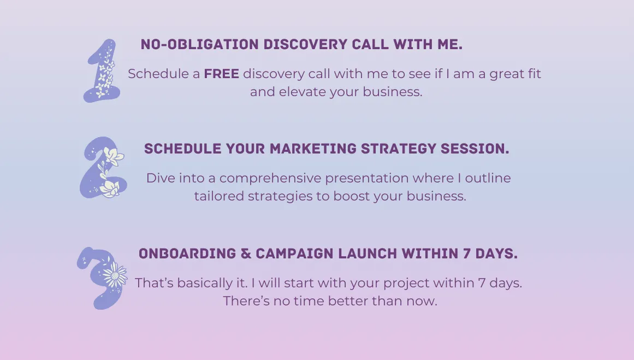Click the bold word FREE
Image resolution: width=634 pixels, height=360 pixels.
click(x=221, y=74)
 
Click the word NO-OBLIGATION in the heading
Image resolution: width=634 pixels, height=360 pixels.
click(x=199, y=44)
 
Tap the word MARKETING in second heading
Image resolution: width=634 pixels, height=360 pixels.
click(x=313, y=149)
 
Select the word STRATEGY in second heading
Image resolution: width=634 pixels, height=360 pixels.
click(x=398, y=149)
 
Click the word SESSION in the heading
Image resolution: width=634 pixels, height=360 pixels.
click(x=475, y=149)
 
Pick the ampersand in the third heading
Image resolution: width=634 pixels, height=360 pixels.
click(x=246, y=253)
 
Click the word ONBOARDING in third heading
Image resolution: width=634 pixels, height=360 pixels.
click(x=187, y=253)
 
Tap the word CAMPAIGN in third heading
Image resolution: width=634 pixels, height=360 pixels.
click(x=295, y=253)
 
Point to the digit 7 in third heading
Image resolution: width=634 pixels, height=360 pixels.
click(x=466, y=253)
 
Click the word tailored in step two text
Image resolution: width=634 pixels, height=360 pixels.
click(x=219, y=196)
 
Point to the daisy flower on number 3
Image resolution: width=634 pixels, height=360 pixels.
click(x=115, y=275)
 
